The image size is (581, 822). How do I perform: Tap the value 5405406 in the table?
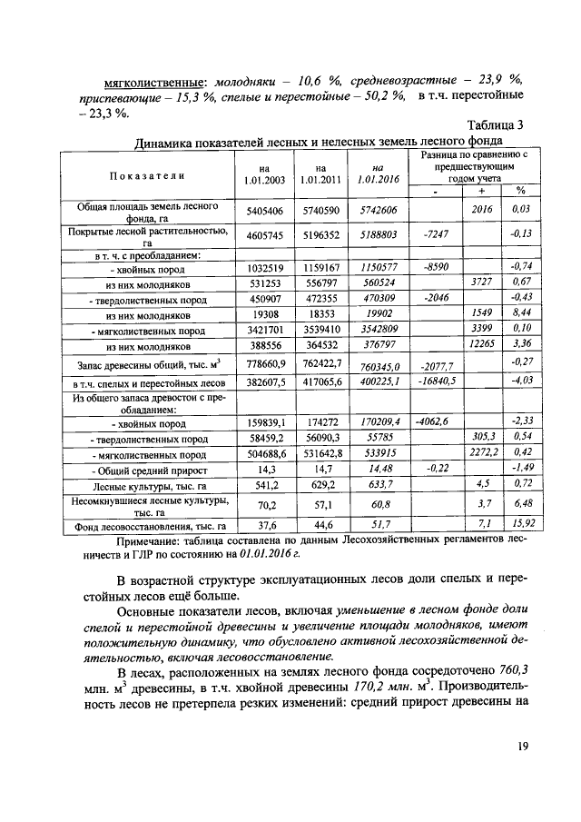pos(265,211)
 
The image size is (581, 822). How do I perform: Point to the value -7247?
pos(437,233)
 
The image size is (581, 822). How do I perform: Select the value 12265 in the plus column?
pos(479,345)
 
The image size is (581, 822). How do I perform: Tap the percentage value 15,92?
pos(520,523)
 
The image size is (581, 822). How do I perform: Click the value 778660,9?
pos(265,364)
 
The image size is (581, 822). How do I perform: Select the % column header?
pos(520,191)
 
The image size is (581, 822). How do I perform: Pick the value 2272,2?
pos(479,451)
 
